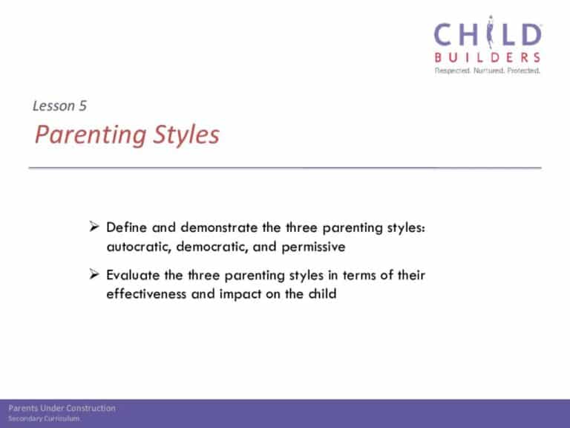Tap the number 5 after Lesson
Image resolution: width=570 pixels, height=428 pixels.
point(83,106)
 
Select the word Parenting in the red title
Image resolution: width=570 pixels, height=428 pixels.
point(91,134)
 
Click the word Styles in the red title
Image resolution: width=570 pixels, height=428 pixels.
point(186,134)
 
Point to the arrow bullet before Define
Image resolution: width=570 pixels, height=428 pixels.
point(94,227)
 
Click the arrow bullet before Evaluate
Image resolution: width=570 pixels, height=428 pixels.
point(94,274)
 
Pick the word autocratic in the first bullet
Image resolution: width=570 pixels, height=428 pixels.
point(139,247)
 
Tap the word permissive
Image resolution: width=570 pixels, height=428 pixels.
point(313,247)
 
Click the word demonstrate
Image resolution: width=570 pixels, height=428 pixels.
point(219,227)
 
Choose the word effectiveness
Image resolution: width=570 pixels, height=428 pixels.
point(146,294)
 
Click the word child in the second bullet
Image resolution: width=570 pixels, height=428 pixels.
point(322,294)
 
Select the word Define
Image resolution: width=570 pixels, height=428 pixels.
point(126,227)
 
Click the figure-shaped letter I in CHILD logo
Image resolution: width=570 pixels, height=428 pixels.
point(491,32)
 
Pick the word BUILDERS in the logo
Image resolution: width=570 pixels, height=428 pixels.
point(488,57)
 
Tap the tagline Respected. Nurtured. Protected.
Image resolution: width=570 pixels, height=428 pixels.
point(488,71)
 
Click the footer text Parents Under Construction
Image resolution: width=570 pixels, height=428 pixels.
point(62,408)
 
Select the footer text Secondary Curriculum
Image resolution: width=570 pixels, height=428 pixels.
point(44,418)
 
